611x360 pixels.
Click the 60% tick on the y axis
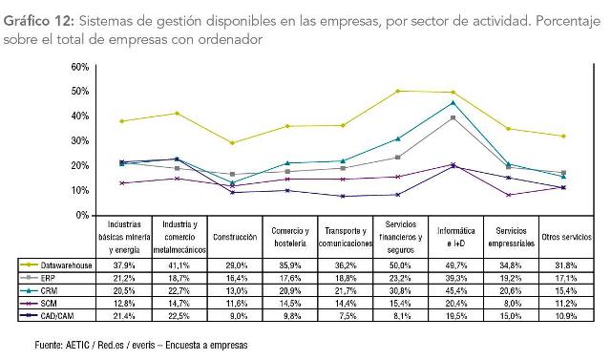pos(80,67)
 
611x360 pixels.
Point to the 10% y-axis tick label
pos(80,190)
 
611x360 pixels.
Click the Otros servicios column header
pos(566,237)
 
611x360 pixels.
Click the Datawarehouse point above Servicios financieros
pos(397,91)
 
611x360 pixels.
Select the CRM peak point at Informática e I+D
pos(453,102)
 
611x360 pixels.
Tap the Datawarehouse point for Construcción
pos(232,143)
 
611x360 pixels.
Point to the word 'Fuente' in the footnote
pos(34,345)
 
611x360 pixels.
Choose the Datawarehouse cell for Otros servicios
pos(566,264)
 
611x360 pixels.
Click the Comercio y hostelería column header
pos(289,237)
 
